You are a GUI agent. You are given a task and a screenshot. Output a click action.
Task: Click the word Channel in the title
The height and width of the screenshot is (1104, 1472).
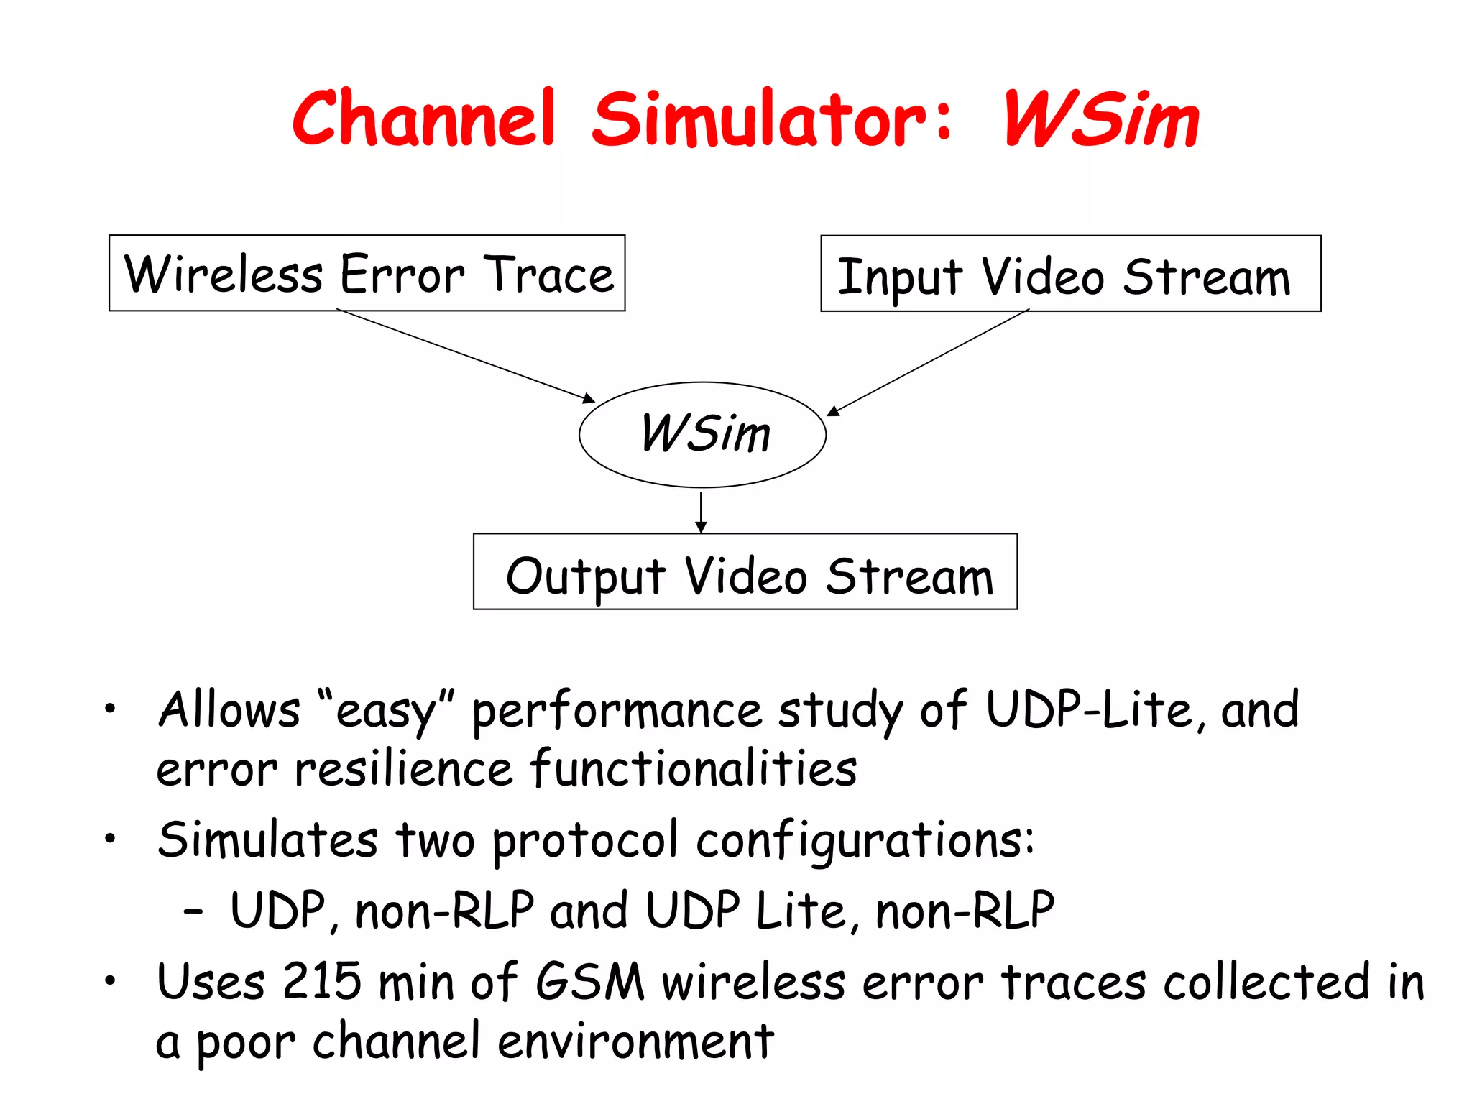pyautogui.click(x=424, y=119)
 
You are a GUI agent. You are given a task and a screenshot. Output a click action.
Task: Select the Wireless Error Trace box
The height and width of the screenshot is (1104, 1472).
pyautogui.click(x=367, y=273)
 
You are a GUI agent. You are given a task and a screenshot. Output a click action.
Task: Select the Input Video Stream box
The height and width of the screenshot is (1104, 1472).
pyautogui.click(x=1070, y=274)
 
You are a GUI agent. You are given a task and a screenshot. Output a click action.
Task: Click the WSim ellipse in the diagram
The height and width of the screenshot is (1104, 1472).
pyautogui.click(x=702, y=434)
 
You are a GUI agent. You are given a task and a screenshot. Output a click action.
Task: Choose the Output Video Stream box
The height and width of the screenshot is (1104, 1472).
pyautogui.click(x=745, y=572)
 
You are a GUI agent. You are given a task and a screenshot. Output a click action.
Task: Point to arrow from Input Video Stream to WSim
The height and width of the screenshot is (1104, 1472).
pyautogui.click(x=927, y=362)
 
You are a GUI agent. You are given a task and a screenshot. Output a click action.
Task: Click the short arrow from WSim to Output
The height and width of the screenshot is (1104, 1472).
pyautogui.click(x=701, y=512)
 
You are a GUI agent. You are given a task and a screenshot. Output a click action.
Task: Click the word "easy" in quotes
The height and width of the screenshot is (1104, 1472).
pyautogui.click(x=386, y=710)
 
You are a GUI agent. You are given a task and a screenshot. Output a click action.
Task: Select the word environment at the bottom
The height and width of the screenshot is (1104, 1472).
pyautogui.click(x=635, y=1041)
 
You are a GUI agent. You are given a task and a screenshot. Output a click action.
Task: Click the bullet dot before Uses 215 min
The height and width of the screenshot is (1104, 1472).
pyautogui.click(x=109, y=980)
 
